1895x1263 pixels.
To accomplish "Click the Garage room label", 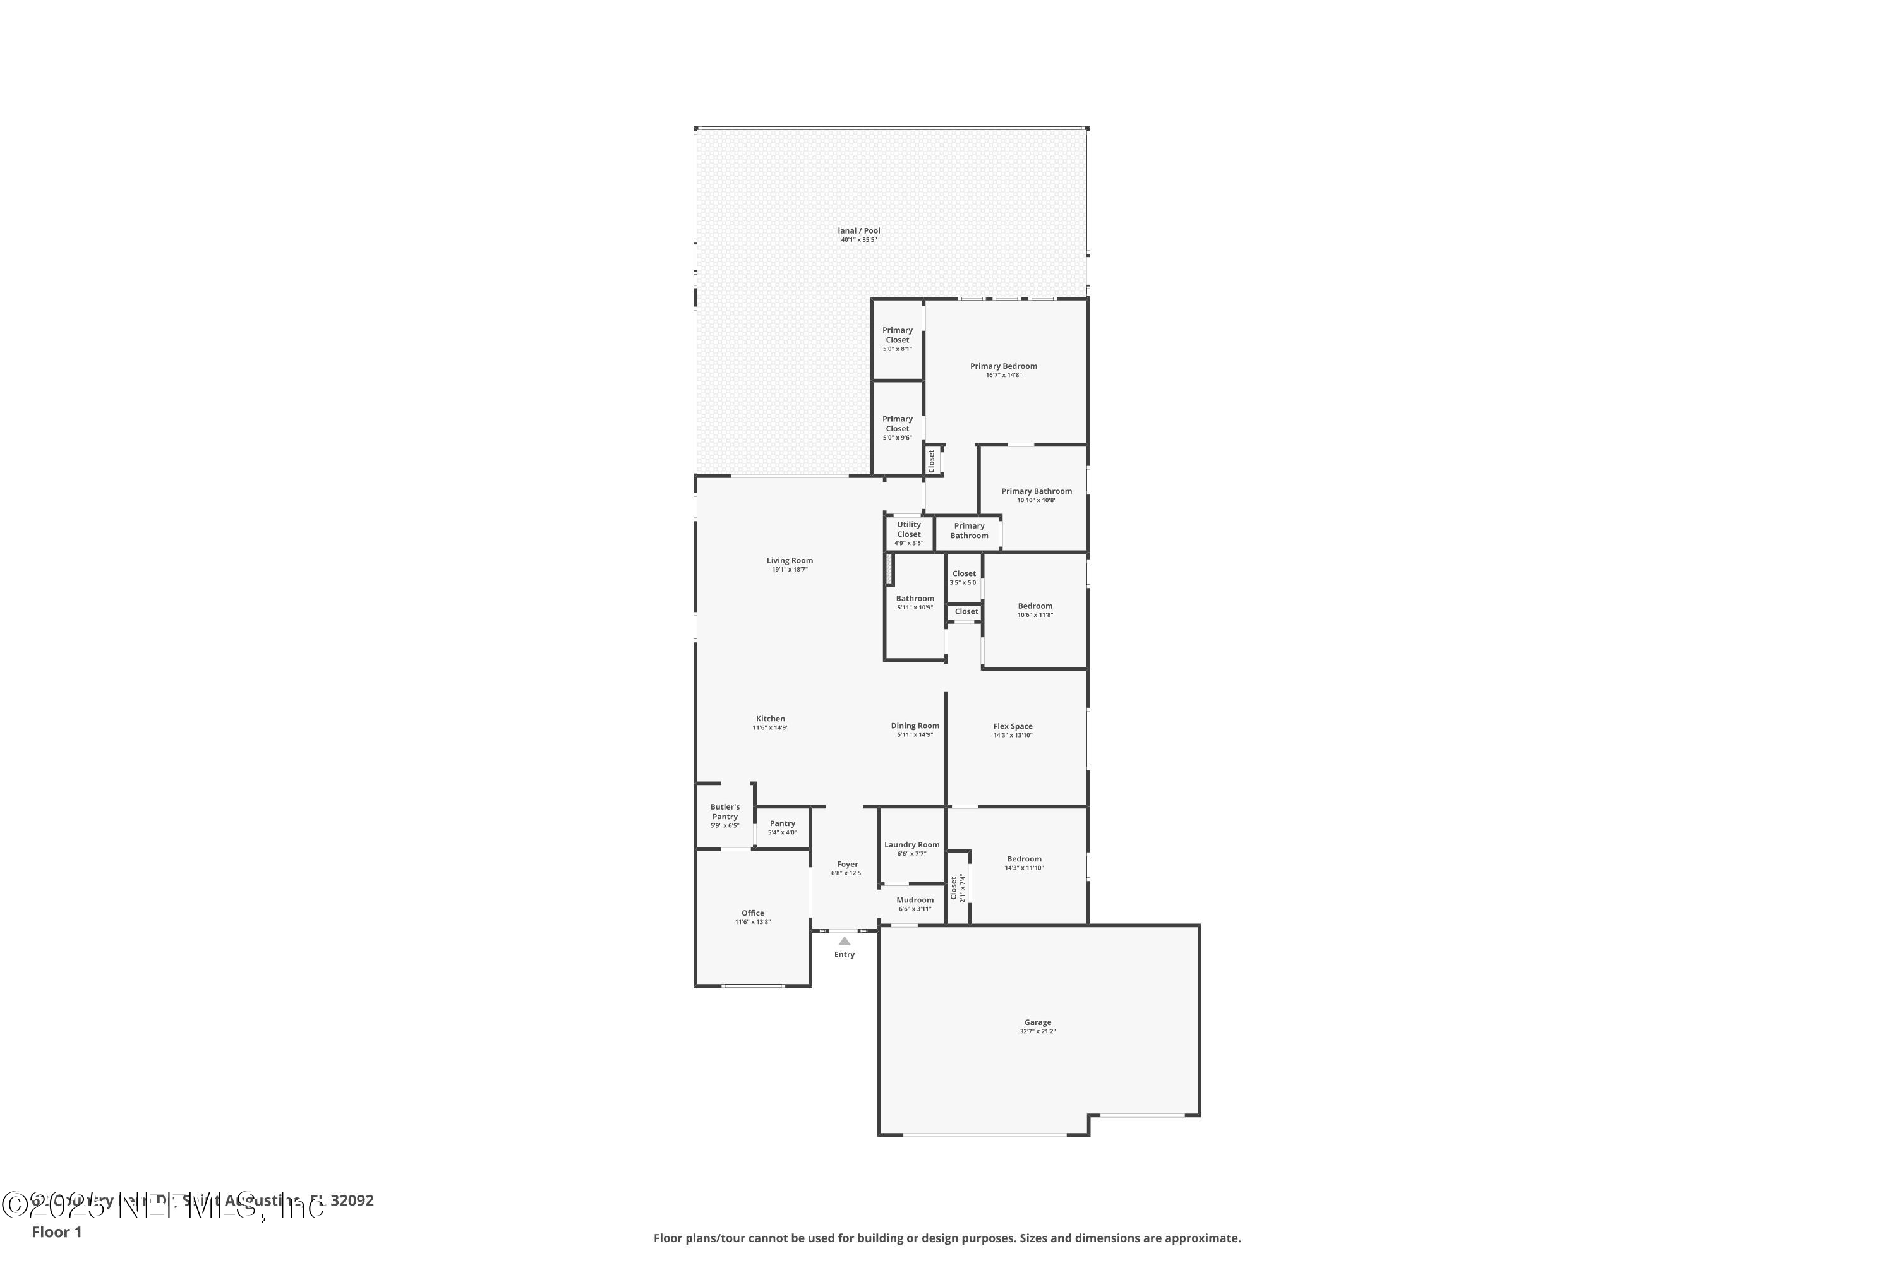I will point(1037,1022).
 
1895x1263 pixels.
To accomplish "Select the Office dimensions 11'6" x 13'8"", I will point(752,922).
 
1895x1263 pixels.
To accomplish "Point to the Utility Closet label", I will point(908,529).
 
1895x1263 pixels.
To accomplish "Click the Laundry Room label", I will point(911,845).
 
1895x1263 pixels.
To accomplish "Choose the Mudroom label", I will point(915,900).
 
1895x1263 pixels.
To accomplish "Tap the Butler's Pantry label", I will point(725,811).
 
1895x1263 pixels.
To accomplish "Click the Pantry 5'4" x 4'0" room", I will point(781,827).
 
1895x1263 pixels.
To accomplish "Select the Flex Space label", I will point(1012,726).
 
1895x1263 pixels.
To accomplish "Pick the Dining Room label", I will point(915,725).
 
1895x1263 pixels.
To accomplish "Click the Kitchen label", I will point(769,719).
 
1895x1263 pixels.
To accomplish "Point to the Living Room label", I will point(789,560).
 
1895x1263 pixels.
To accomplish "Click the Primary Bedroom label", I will point(1003,366).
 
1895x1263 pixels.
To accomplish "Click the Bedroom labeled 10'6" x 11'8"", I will point(1035,606).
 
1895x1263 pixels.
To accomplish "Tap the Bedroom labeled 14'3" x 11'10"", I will point(1023,859).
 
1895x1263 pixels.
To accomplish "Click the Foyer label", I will point(847,865).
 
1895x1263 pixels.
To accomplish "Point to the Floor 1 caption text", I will point(56,1231).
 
